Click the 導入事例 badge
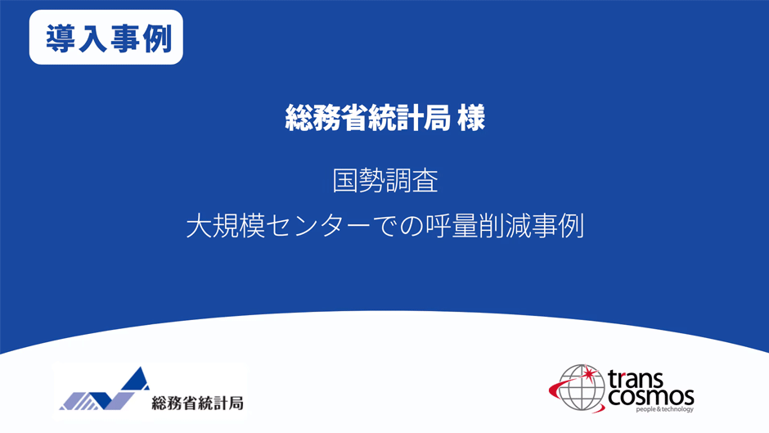[106, 37]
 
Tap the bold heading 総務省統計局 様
[384, 119]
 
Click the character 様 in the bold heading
[472, 119]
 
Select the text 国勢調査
[385, 180]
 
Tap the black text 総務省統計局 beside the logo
[197, 403]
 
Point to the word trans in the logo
[649, 378]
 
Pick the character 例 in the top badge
[155, 38]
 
